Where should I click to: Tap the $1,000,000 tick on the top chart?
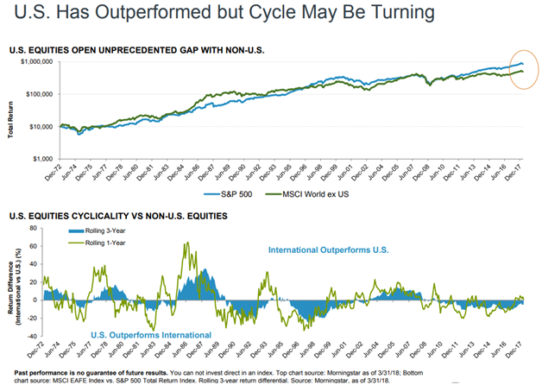tap(35, 62)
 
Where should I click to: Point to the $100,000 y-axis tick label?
tap(38, 94)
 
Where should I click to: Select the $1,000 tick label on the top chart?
tap(42, 159)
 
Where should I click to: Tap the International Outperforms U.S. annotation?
tap(329, 250)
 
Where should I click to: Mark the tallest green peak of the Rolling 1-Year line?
tap(186, 243)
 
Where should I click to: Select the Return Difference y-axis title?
tap(12, 283)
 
